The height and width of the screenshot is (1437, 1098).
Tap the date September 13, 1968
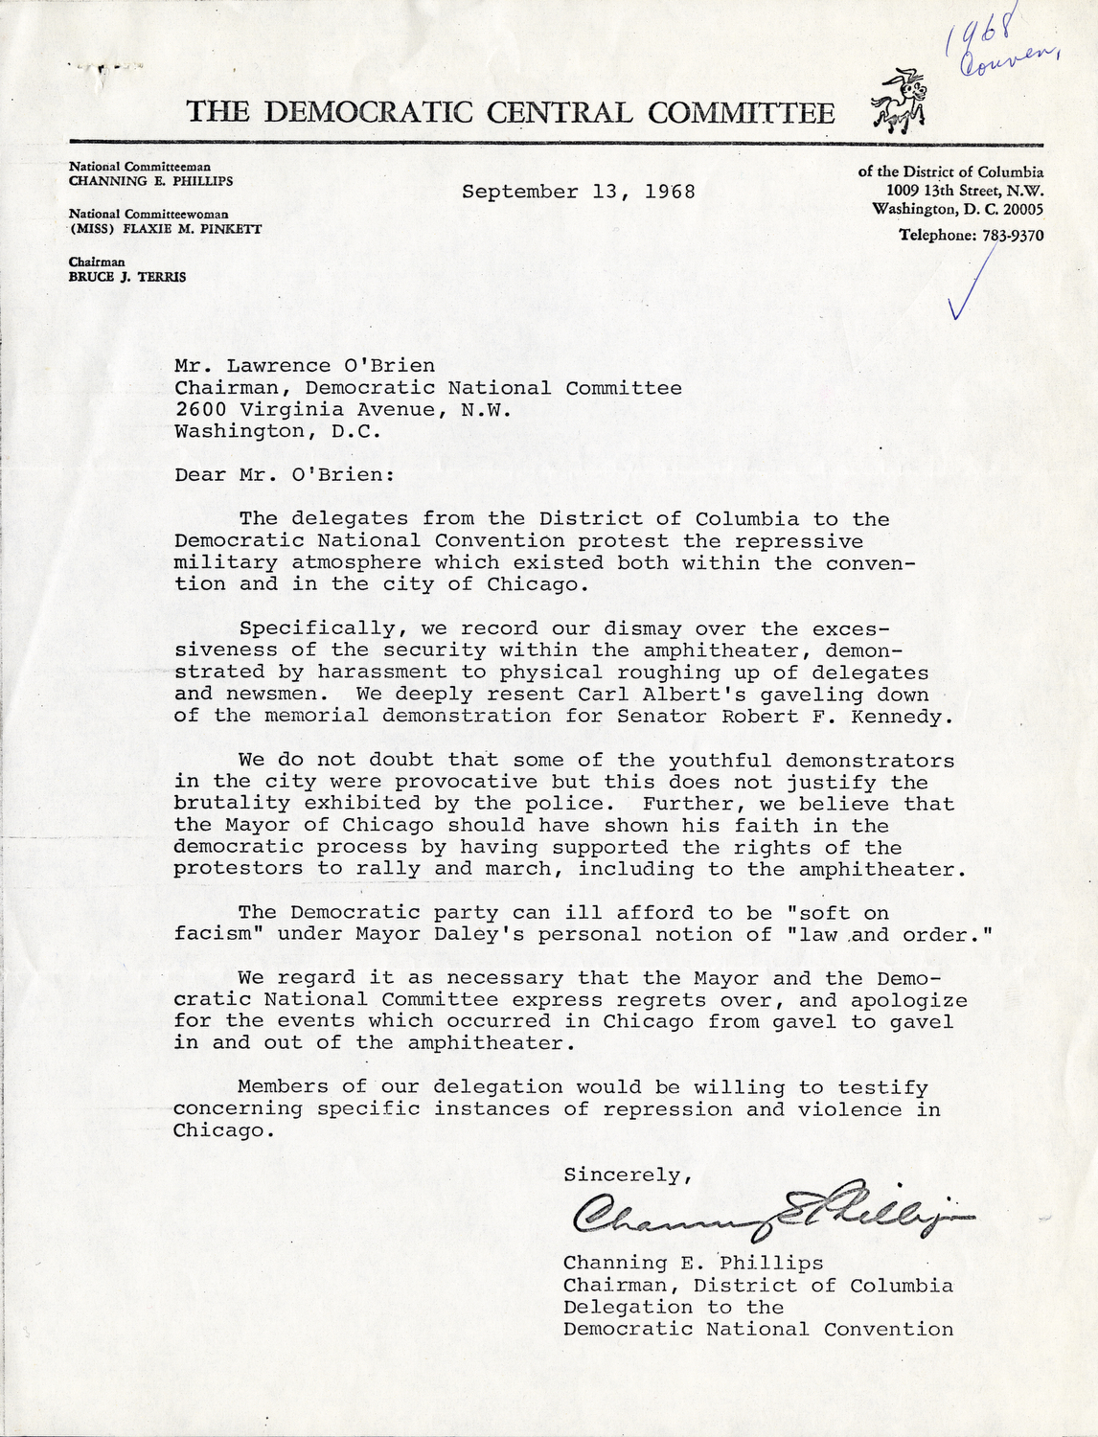578,192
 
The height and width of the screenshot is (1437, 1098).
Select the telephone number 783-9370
1012,236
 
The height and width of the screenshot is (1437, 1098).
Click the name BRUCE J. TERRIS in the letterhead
127,277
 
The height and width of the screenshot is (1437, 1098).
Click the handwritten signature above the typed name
766,1215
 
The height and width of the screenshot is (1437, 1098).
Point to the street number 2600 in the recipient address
200,410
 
